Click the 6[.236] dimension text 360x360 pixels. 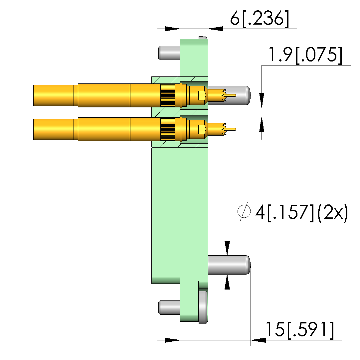(260, 19)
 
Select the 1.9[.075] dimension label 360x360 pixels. (305, 55)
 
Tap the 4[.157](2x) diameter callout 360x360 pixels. (301, 213)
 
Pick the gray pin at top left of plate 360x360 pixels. (169, 53)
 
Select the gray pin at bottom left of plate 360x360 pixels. (169, 307)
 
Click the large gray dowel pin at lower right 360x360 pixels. (229, 265)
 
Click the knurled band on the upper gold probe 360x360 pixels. (167, 95)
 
